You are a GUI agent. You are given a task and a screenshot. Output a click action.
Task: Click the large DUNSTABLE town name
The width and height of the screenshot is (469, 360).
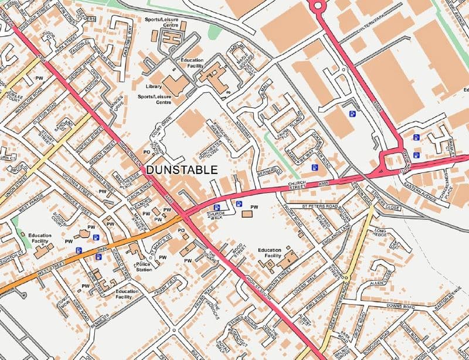(181, 170)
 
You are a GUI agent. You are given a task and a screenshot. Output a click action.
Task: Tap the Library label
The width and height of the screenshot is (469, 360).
(154, 87)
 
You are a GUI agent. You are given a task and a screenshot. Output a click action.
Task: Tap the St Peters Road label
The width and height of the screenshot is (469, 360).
(320, 207)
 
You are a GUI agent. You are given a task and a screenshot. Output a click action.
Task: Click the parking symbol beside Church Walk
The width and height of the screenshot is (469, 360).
(217, 207)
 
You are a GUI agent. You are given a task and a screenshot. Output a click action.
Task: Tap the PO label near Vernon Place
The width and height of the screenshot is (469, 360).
(147, 151)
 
